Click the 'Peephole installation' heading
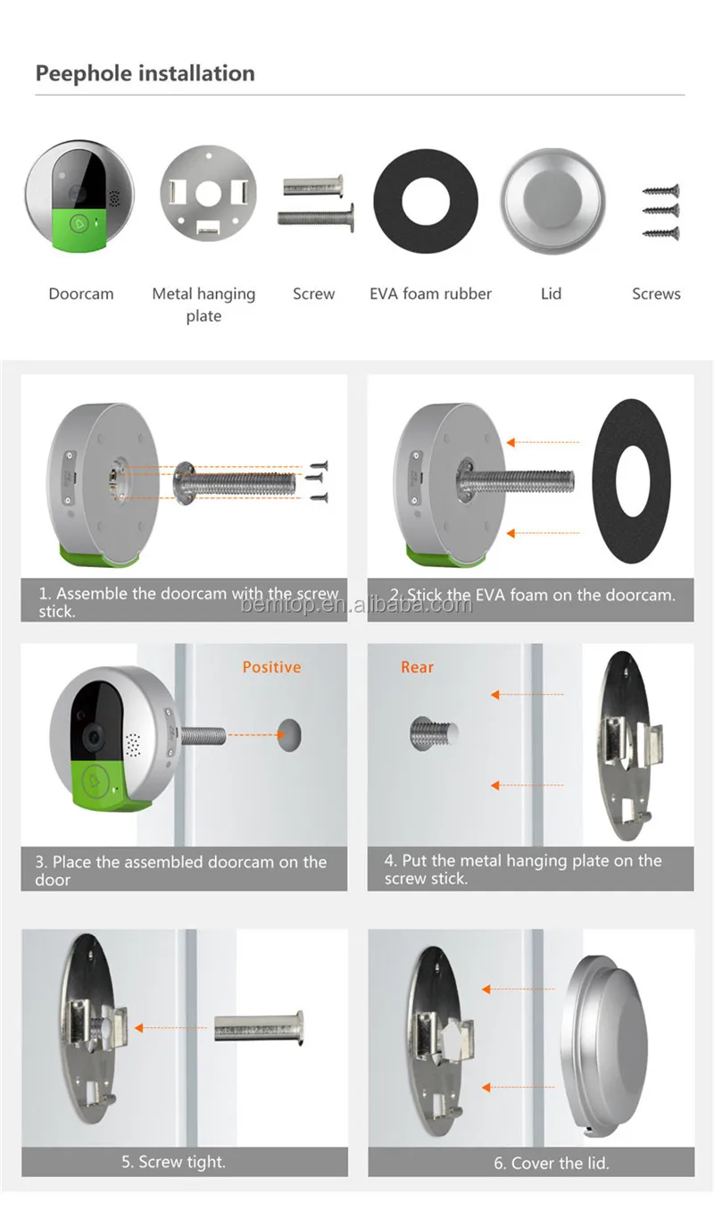145,73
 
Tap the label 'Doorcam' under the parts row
81,294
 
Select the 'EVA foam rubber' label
430,294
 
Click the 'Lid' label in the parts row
551,294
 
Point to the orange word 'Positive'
271,667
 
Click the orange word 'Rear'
417,667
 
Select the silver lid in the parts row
552,201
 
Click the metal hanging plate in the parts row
209,193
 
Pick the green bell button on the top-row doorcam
79,224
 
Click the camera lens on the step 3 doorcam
94,737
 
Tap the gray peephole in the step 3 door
289,735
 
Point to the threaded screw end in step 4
434,732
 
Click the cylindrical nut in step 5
259,1028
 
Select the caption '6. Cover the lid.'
552,1163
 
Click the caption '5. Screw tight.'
173,1162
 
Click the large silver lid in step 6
604,1045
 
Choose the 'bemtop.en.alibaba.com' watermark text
356,605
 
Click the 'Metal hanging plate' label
203,305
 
